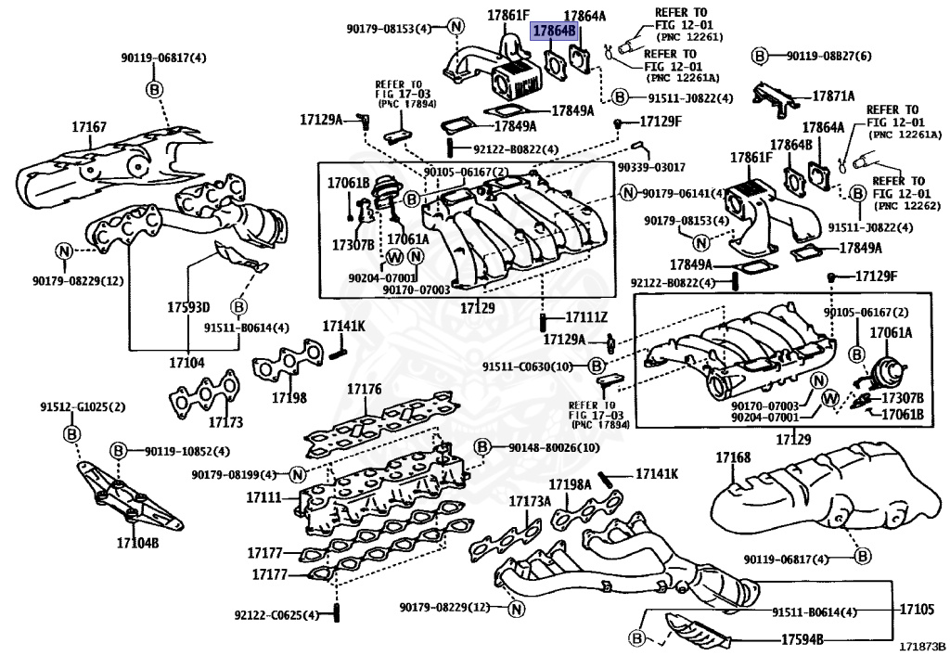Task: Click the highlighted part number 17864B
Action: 554,31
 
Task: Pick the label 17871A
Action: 834,96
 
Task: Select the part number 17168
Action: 733,457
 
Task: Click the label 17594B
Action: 802,639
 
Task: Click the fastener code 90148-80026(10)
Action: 554,448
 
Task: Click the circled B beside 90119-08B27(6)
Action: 758,57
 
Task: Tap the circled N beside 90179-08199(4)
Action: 297,475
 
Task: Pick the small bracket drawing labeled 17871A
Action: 773,99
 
